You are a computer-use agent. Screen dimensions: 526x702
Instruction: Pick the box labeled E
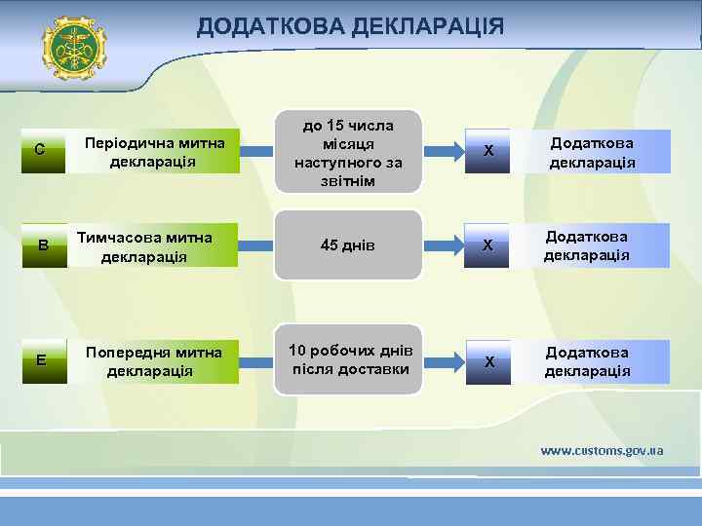(x=41, y=360)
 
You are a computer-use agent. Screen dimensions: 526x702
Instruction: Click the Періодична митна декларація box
(x=154, y=151)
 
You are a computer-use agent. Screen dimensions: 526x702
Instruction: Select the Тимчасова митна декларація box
(x=153, y=245)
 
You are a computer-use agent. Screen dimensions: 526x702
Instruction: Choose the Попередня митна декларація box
(x=153, y=360)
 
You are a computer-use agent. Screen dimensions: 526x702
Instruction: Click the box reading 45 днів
(x=348, y=245)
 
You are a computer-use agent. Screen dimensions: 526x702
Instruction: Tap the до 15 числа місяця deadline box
(x=348, y=152)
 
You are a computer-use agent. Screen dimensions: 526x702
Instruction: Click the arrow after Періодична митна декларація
(x=256, y=151)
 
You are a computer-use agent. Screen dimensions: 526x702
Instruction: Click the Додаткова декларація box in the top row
(x=593, y=152)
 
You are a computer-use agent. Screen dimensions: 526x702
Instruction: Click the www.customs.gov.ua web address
(x=603, y=450)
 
